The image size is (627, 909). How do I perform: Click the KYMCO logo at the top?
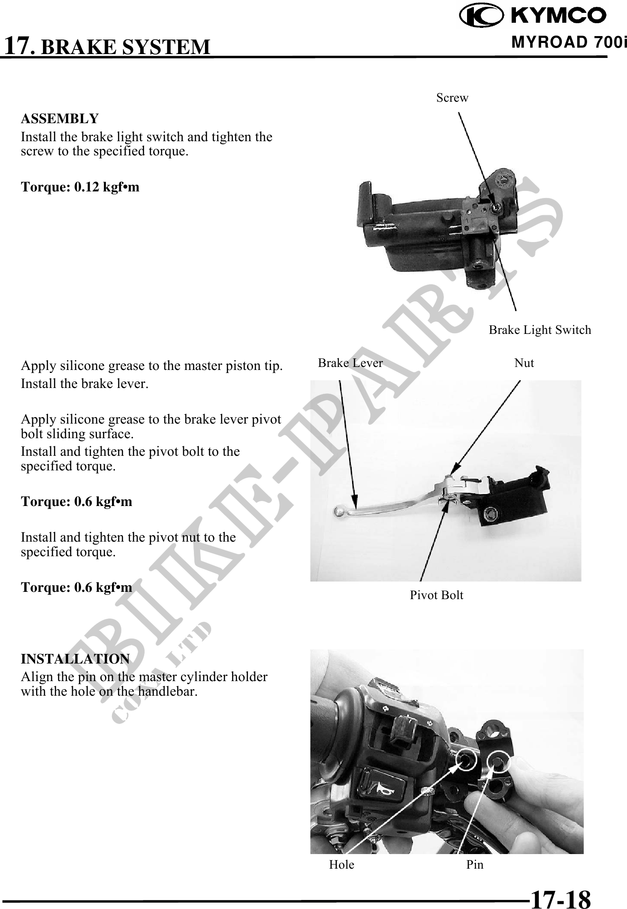point(533,15)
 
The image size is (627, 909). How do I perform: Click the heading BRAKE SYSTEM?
point(126,47)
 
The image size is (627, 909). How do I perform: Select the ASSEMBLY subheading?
point(60,118)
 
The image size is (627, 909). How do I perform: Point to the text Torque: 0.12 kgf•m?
point(80,187)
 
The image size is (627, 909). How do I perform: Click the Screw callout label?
point(452,98)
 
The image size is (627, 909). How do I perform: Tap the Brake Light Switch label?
point(540,330)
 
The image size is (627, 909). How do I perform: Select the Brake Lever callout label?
point(350,363)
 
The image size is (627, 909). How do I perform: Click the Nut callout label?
point(524,363)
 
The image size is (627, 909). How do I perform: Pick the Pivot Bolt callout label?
point(437,595)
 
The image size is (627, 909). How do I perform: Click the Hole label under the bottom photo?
point(342,864)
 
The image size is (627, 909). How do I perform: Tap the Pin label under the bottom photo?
point(475,864)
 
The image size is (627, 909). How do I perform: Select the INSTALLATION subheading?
point(75,658)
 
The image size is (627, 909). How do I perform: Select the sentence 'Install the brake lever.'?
point(84,383)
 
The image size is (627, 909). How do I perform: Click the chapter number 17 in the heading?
point(19,46)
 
